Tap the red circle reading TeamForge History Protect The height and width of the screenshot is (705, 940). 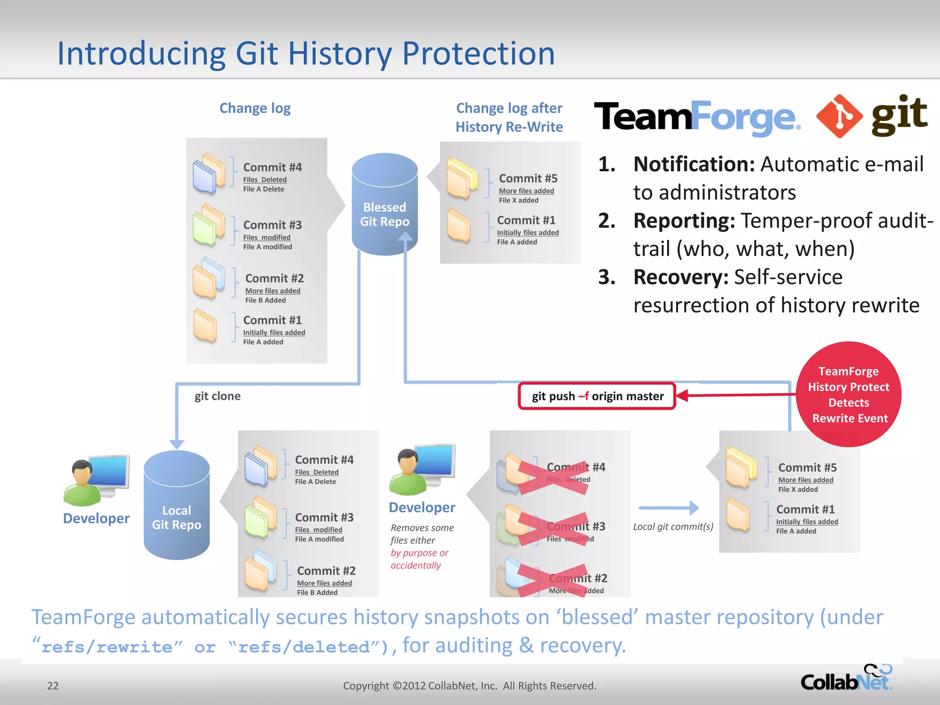[848, 394]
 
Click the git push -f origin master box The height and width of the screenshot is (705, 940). [597, 396]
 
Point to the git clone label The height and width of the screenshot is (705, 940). [218, 396]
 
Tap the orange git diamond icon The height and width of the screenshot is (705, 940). [839, 117]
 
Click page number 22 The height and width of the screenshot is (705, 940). [53, 686]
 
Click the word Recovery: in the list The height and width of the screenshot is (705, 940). [681, 277]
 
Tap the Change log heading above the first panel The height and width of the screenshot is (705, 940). [255, 108]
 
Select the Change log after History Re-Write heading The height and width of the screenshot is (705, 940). [509, 117]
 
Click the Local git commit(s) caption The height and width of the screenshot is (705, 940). [673, 526]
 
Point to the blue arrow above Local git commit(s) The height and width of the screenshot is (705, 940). [669, 508]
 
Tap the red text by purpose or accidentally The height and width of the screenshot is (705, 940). [419, 559]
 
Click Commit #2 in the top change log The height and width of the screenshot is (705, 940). [274, 279]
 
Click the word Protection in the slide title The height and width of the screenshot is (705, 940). [478, 54]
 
